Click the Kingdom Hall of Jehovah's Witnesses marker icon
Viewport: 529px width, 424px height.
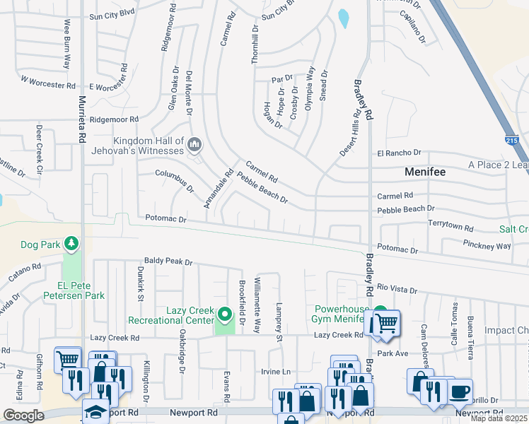(196, 146)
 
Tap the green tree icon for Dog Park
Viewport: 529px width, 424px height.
(71, 245)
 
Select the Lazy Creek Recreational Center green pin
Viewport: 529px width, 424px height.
(225, 313)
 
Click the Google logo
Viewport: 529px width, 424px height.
(23, 416)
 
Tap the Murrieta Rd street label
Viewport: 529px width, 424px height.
(83, 118)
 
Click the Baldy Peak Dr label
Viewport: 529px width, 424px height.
(168, 261)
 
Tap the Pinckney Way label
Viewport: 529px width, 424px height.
(487, 246)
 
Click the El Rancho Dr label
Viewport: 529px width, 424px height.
(399, 153)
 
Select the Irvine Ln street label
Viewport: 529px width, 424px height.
(276, 372)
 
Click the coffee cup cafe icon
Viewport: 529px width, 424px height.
(460, 391)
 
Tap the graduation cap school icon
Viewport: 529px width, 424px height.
(95, 411)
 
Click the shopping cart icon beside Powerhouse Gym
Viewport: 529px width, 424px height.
(385, 323)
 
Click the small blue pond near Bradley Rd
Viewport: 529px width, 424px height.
(343, 18)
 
